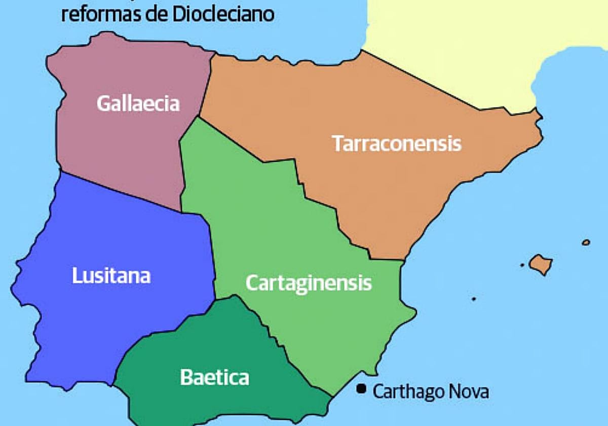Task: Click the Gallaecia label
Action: tap(138, 103)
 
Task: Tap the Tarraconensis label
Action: tap(397, 144)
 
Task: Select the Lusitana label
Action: tap(111, 276)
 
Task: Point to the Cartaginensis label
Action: tap(309, 283)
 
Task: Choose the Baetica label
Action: tap(214, 377)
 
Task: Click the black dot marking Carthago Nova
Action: tap(361, 389)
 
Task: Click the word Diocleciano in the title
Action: tap(223, 14)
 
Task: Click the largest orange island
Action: tap(541, 264)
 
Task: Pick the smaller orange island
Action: tap(586, 242)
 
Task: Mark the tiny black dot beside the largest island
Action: tap(522, 265)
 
